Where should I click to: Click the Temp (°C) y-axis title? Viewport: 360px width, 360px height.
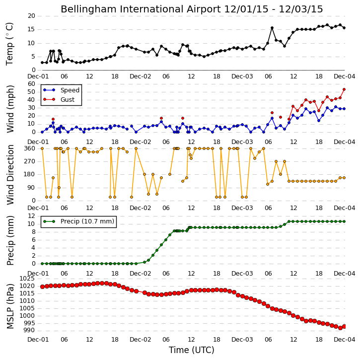coord(9,44)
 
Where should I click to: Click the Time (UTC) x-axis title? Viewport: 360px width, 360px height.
coord(192,350)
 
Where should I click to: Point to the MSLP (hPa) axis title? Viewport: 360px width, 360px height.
coord(10,306)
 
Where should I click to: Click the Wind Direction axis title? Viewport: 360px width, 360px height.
coord(10,174)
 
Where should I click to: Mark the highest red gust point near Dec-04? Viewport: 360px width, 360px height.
coord(344,89)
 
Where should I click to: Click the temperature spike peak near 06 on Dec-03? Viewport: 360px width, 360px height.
coord(272,28)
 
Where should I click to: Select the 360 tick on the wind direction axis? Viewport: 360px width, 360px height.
coord(30,148)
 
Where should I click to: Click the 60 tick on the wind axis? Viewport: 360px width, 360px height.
coord(31,84)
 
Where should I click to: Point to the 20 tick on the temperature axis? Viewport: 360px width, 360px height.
coord(31,16)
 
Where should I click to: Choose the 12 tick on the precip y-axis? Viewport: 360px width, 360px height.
coord(31,216)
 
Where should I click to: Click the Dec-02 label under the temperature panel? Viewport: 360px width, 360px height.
coord(141,76)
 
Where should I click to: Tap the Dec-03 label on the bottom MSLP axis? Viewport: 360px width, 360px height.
coord(242,339)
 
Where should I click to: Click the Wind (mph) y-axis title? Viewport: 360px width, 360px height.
coord(10,109)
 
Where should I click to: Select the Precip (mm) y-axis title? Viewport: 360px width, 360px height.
coord(10,240)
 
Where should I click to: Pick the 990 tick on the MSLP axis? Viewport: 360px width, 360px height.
coord(30,330)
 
